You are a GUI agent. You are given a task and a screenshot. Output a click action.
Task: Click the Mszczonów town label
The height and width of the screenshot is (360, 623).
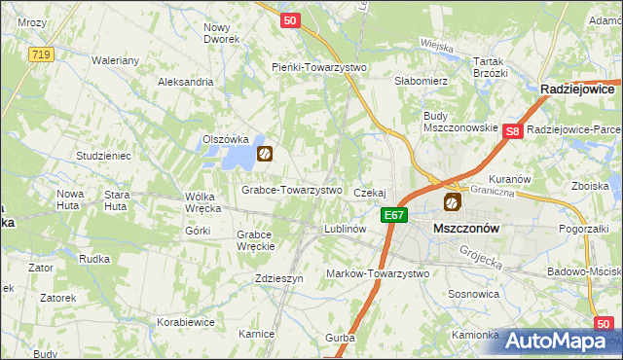tap(465, 227)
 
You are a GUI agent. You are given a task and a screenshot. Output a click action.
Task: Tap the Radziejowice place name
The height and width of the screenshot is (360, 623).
tap(581, 89)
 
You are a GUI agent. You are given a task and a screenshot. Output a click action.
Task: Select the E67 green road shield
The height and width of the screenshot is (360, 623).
tap(393, 215)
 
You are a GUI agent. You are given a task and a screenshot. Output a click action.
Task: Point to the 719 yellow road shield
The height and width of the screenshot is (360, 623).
tap(40, 55)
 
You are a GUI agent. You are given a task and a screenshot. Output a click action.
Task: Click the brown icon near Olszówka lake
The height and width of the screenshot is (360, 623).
tap(264, 153)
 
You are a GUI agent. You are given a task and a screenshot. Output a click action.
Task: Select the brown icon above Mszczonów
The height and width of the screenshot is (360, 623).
tap(452, 201)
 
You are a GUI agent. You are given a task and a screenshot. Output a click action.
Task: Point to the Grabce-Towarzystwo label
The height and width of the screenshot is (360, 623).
tap(292, 190)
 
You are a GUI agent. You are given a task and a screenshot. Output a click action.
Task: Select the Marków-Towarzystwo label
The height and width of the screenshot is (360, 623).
tap(378, 273)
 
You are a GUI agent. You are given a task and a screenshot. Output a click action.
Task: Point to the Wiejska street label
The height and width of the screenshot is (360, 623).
tap(438, 44)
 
